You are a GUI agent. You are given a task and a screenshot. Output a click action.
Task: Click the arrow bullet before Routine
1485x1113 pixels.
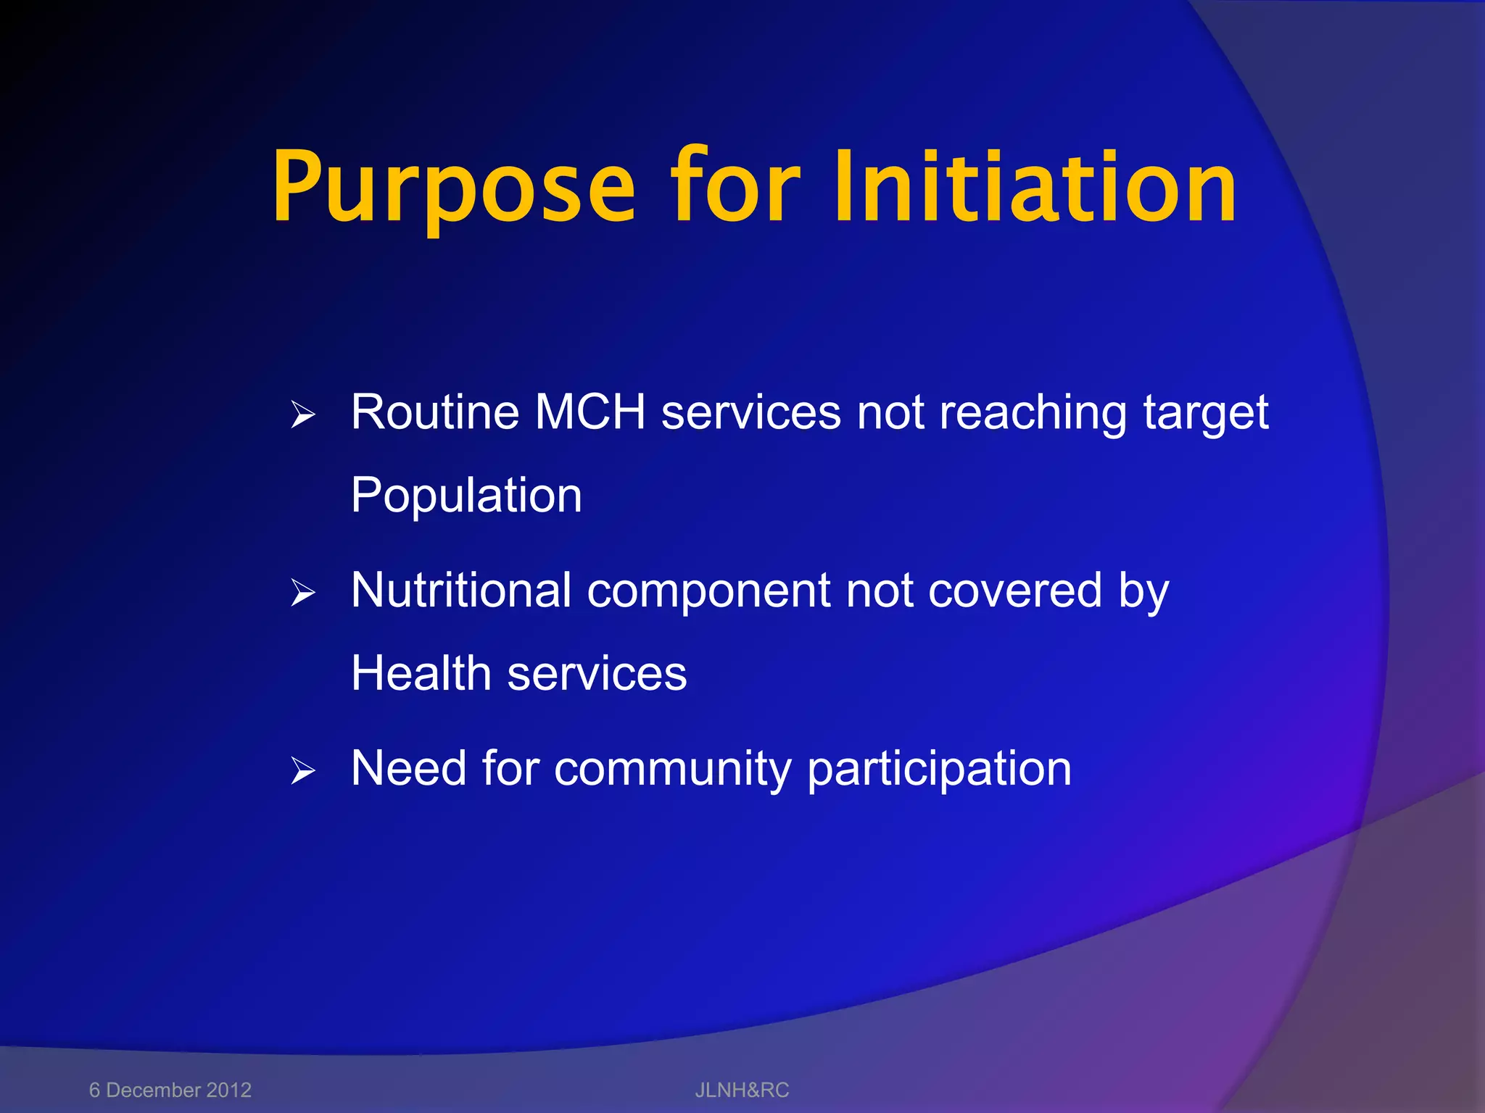click(x=303, y=415)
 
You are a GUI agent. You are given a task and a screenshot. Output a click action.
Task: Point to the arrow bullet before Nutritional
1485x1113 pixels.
click(x=303, y=593)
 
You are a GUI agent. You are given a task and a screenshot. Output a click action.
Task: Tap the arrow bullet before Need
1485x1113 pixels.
click(x=303, y=771)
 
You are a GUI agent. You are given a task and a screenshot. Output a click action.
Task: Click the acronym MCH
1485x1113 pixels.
click(x=590, y=412)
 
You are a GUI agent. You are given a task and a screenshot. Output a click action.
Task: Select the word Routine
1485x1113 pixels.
click(x=435, y=412)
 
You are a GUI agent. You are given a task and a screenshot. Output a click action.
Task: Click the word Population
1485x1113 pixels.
click(x=466, y=496)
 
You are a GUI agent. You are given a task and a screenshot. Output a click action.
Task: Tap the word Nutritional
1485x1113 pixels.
click(x=461, y=590)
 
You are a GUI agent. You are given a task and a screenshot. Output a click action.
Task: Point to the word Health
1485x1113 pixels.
click(x=421, y=673)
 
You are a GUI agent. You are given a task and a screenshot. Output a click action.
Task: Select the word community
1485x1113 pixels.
click(x=672, y=770)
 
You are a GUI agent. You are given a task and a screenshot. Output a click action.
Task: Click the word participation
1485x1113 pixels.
click(x=939, y=770)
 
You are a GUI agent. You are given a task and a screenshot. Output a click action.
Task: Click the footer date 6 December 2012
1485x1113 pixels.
click(x=170, y=1090)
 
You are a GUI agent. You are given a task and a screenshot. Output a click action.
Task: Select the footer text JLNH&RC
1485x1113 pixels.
click(x=742, y=1090)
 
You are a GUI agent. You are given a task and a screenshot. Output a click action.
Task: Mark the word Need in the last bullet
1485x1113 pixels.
click(x=408, y=768)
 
